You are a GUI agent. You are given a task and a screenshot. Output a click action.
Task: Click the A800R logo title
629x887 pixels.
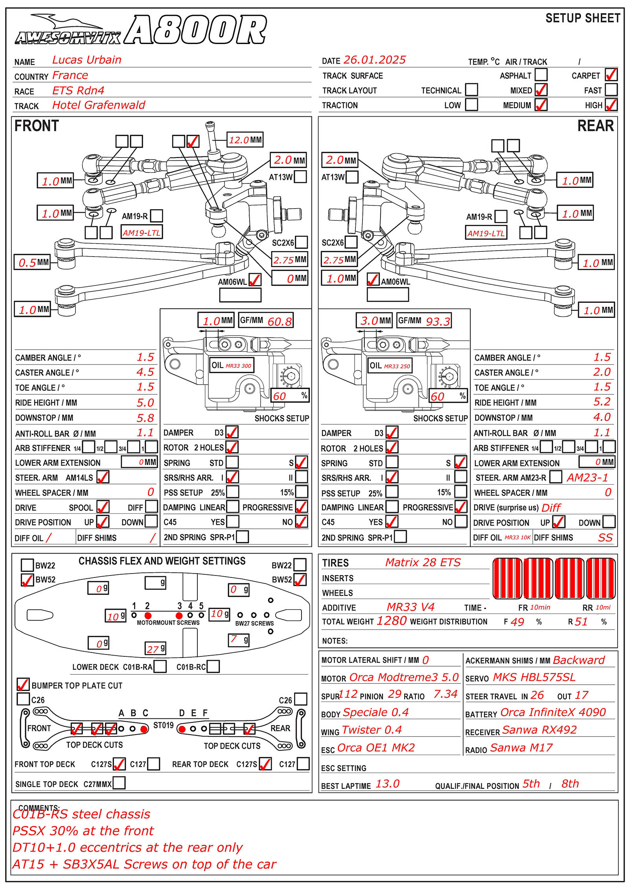point(195,30)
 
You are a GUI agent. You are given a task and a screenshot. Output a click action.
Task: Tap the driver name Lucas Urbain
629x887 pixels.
point(86,60)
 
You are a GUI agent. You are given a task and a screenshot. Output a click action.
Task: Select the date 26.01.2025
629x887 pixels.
point(374,60)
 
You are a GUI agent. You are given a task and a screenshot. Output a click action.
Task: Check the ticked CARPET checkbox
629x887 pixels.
point(611,75)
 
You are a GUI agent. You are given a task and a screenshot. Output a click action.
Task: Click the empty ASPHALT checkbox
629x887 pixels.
point(541,75)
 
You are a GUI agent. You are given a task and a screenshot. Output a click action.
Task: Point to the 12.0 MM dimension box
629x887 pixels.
point(245,140)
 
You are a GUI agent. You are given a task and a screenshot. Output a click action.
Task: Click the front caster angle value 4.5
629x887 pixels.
point(145,372)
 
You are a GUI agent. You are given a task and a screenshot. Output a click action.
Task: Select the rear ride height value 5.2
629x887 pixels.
point(601,402)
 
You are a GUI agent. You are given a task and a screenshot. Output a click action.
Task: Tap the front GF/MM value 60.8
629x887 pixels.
point(280,322)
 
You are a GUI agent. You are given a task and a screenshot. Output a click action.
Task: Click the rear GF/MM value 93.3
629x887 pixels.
point(438,322)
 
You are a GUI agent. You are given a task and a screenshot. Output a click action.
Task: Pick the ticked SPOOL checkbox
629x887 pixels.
point(103,507)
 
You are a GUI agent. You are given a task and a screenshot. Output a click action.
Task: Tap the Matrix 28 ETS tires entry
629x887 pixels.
point(423,563)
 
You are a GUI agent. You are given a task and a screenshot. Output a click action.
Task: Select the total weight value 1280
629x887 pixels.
point(392,621)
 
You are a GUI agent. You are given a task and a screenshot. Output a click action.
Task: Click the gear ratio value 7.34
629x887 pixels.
point(445,695)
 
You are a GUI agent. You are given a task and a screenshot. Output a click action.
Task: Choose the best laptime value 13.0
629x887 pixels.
point(387,784)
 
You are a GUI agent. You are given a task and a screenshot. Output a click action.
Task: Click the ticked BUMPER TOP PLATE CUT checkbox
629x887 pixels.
point(23,685)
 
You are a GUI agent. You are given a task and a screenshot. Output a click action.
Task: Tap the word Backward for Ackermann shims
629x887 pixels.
point(578,660)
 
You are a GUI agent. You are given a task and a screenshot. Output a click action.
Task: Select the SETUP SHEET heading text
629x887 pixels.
point(583,18)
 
